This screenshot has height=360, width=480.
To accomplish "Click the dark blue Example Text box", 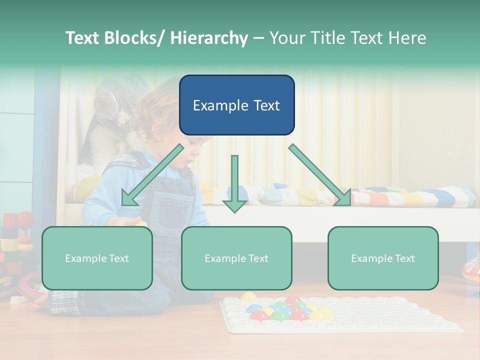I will coord(236,105).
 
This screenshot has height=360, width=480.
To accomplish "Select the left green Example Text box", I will coord(97,258).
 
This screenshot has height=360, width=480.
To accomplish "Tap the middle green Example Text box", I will coord(236,258).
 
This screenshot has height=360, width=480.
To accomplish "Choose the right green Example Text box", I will coord(383,258).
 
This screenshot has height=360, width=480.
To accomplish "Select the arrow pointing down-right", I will coord(320,175).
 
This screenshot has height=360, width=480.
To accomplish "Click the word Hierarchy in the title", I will coord(209,38).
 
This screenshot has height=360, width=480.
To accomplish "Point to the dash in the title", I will coord(258,38).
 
